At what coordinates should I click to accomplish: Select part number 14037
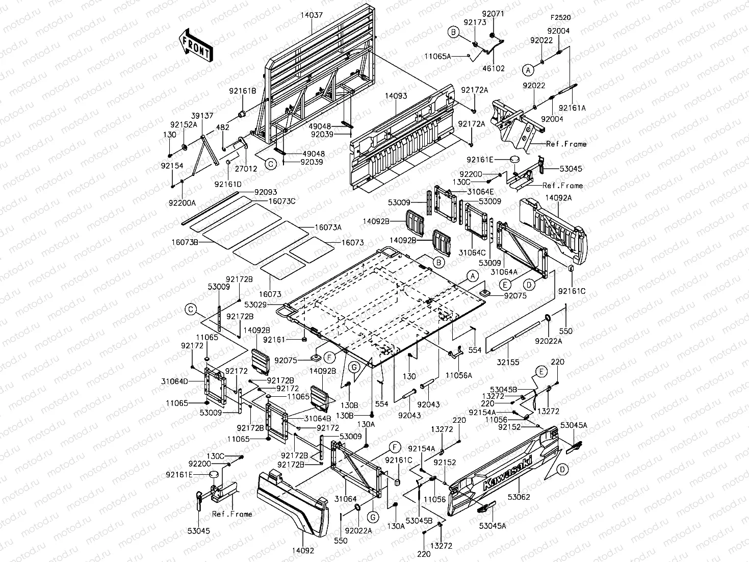[x=312, y=15]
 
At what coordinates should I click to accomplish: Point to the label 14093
[x=396, y=96]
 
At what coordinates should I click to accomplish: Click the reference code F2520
[x=561, y=17]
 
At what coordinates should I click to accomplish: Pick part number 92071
[x=493, y=14]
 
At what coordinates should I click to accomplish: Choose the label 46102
[x=494, y=68]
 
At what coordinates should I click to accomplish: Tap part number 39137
[x=202, y=116]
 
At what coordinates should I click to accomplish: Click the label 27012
[x=246, y=169]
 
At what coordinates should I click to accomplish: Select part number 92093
[x=266, y=192]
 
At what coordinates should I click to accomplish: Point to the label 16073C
[x=282, y=201]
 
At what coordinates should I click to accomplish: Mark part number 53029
[x=255, y=304]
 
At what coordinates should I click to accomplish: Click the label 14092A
[x=559, y=197]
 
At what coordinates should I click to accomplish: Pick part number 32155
[x=508, y=363]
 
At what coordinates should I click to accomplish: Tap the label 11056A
[x=459, y=375]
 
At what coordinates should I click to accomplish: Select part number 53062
[x=519, y=497]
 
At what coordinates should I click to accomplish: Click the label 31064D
[x=174, y=381]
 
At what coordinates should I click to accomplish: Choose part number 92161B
[x=243, y=91]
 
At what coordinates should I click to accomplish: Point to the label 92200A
[x=182, y=203]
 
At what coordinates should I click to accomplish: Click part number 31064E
[x=480, y=192]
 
